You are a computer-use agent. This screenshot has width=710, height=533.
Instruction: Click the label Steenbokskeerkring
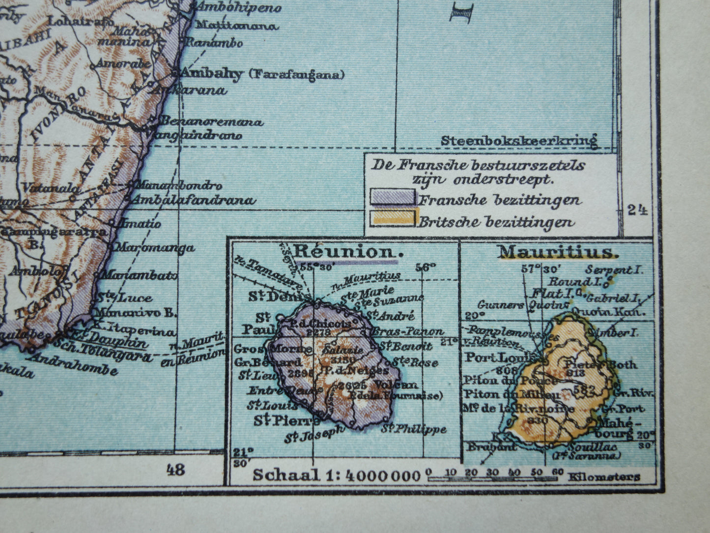[x=518, y=141]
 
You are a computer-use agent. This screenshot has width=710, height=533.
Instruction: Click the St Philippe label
[x=415, y=429]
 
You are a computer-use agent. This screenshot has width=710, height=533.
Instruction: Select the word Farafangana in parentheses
[x=296, y=75]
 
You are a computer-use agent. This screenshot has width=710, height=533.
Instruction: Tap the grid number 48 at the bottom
[x=175, y=470]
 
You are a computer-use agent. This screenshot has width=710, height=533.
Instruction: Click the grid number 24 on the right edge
[x=637, y=210]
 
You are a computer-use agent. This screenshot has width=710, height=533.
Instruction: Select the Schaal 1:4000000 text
[x=337, y=475]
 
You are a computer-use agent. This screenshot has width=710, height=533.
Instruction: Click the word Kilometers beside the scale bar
[x=604, y=476]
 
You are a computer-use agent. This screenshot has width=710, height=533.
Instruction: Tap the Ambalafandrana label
[x=193, y=200]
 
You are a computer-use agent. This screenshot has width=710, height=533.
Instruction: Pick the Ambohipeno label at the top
[x=239, y=8]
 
